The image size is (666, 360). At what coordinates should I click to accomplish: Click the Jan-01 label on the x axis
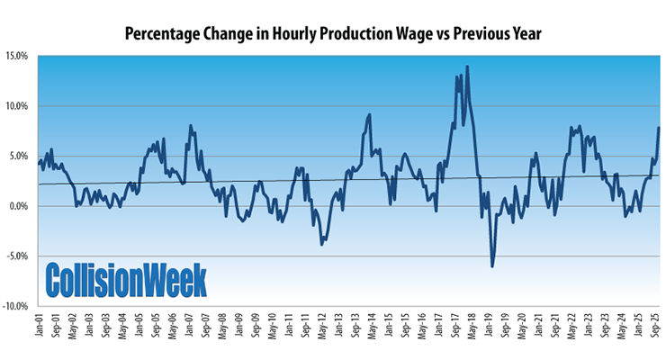tap(40, 326)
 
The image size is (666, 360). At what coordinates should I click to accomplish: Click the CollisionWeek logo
tap(126, 279)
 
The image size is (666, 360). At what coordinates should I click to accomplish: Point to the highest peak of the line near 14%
tap(467, 67)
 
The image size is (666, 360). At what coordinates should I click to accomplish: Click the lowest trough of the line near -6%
tap(491, 265)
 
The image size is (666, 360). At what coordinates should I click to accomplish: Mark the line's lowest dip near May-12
tap(321, 244)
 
